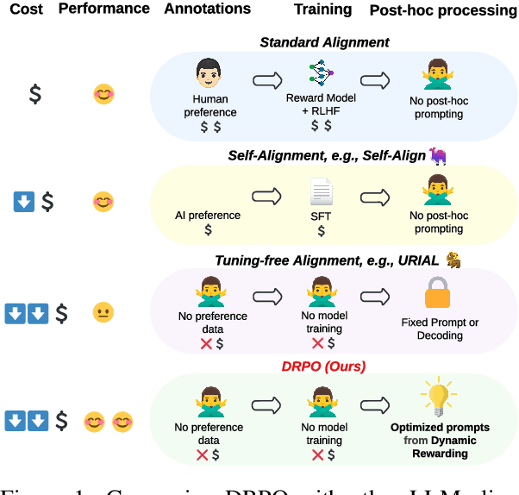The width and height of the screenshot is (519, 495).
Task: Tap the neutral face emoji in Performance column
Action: (x=103, y=312)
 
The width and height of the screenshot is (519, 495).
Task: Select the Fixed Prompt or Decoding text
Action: (x=440, y=329)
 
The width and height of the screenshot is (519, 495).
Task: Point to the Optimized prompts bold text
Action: (x=440, y=428)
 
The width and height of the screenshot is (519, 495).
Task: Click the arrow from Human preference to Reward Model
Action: (x=267, y=82)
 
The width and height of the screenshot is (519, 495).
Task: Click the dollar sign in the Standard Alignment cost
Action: (x=34, y=93)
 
